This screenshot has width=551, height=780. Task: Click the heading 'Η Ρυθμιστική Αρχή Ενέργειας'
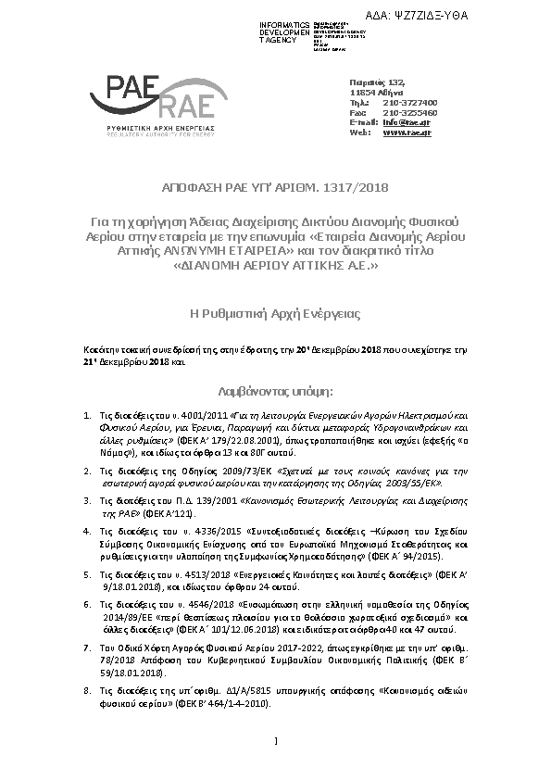click(x=275, y=315)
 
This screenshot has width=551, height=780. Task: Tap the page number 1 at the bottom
click(x=276, y=739)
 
